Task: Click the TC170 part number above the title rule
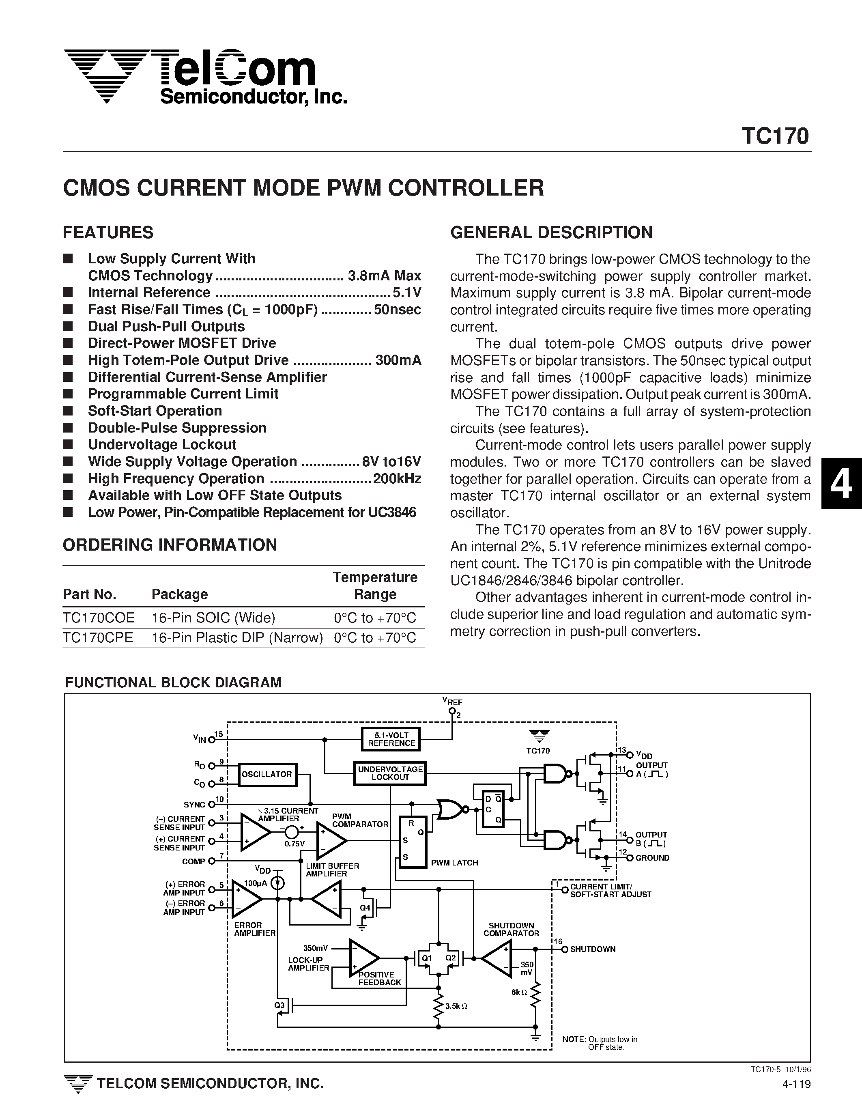775,137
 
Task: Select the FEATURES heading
108,233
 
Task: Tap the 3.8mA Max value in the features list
385,276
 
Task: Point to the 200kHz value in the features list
397,478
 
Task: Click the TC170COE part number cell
99,618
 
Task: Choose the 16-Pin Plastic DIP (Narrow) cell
237,637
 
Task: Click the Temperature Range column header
375,586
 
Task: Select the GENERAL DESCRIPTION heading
551,233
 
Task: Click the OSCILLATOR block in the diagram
267,774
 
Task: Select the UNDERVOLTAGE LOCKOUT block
390,773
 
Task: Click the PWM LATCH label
454,863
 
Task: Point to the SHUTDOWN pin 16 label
593,949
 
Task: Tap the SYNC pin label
194,805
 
